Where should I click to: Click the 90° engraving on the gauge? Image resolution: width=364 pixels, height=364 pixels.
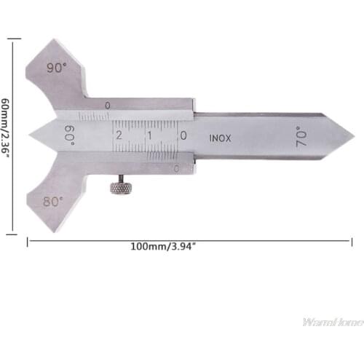[x=56, y=68]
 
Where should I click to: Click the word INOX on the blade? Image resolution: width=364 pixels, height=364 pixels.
[x=221, y=137]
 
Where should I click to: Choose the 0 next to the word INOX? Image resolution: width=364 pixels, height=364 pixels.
[x=183, y=135]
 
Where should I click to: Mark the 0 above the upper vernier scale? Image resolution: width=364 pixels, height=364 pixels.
[x=107, y=106]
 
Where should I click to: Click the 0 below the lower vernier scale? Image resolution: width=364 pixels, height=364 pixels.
[x=178, y=168]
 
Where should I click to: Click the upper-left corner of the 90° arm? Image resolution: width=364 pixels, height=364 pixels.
[x=28, y=61]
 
